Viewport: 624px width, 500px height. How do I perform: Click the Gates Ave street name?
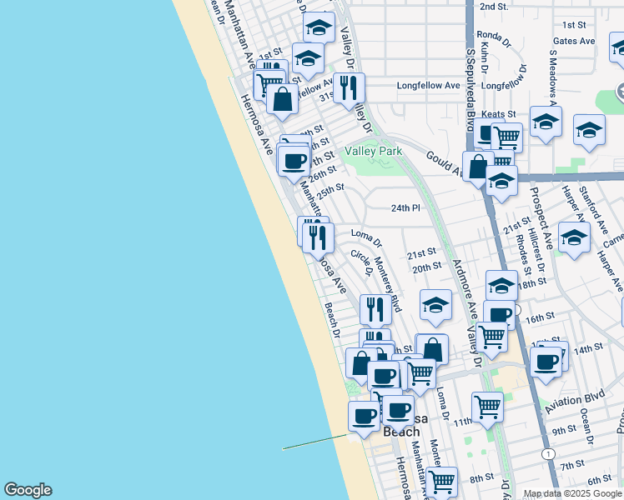point(573,41)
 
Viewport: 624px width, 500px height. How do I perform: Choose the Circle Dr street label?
point(360,265)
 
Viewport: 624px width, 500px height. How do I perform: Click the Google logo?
point(28,490)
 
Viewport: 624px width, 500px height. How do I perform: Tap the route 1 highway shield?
point(546,453)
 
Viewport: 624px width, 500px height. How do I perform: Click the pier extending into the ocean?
point(315,442)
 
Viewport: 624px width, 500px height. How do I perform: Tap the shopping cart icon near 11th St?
point(487,407)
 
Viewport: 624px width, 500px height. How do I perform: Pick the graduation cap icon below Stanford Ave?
point(574,237)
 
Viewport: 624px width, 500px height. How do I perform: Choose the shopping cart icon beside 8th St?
point(441,480)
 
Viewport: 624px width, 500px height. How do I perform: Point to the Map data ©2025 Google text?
point(571,493)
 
